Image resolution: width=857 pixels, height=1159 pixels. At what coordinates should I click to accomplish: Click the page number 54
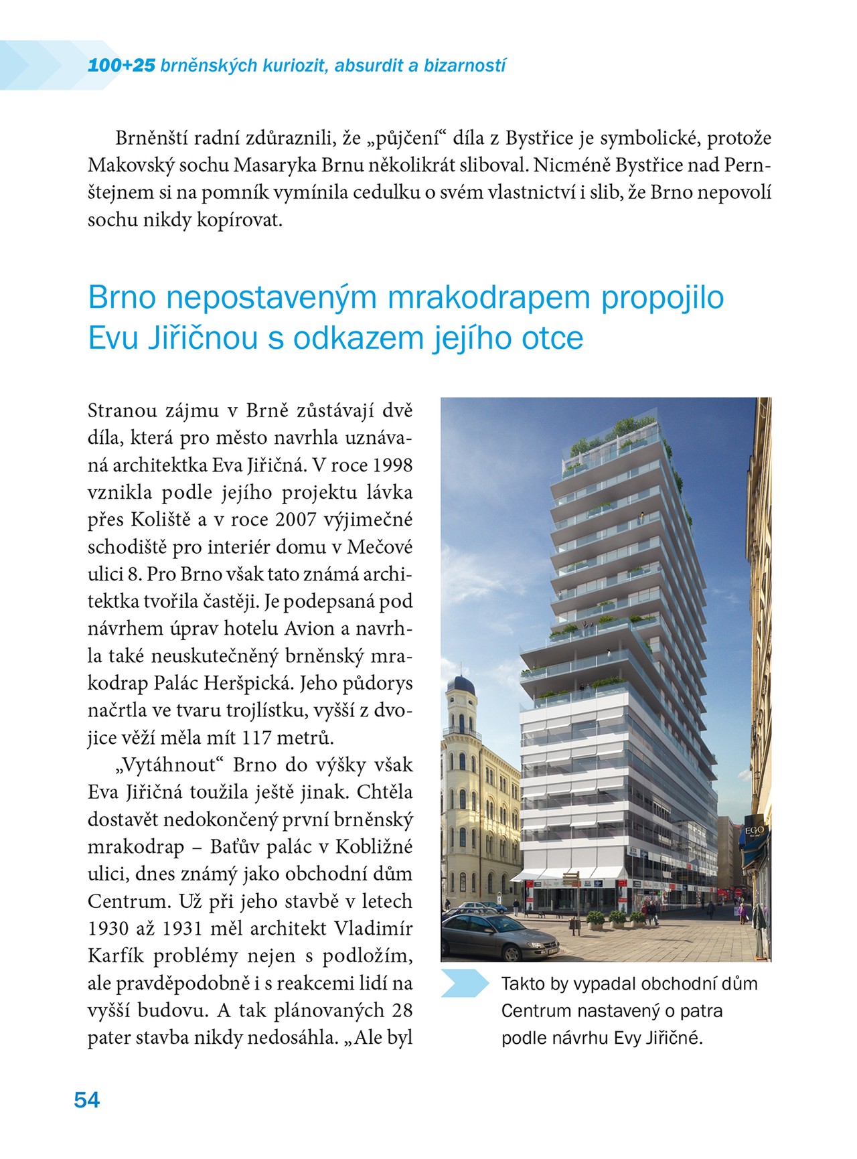87,1100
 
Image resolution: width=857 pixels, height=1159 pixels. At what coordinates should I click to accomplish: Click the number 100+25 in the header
121,66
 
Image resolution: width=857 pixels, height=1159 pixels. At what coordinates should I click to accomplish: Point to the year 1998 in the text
392,465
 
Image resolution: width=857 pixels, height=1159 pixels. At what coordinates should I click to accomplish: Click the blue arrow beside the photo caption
465,983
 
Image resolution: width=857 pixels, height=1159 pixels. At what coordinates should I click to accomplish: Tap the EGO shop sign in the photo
755,831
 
